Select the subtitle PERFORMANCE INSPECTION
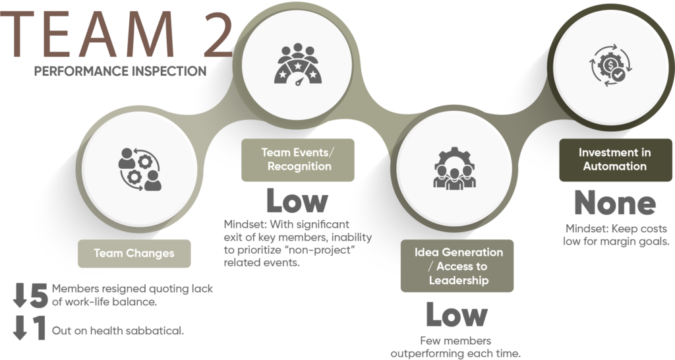point(120,71)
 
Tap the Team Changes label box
point(134,253)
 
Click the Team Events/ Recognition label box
point(297,160)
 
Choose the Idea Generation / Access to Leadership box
point(457,266)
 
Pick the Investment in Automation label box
point(614,160)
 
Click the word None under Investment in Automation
point(614,203)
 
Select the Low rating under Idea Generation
point(457,315)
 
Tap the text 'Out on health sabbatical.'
point(117,330)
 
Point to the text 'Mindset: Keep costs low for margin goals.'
point(616,235)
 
